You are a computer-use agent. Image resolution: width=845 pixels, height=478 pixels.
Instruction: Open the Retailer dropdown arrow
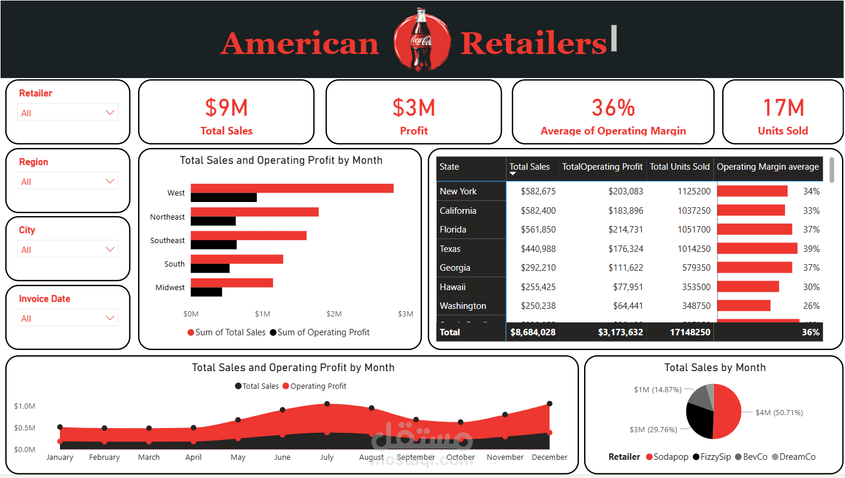point(110,112)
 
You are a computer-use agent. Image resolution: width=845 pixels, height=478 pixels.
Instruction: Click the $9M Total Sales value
point(226,108)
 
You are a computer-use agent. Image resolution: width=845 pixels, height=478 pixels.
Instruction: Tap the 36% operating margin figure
point(613,108)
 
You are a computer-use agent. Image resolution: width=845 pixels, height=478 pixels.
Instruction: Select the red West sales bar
point(292,188)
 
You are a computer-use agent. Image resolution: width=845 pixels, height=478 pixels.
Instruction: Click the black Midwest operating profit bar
point(206,292)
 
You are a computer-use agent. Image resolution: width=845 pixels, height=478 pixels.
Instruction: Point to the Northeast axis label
point(167,217)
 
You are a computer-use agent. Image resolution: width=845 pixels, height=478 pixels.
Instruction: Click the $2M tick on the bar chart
point(334,314)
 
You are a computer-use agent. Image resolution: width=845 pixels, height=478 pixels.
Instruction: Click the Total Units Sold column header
point(679,167)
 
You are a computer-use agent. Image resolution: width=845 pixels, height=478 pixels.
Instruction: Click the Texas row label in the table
point(450,249)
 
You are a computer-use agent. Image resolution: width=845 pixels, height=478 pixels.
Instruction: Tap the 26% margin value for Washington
point(812,306)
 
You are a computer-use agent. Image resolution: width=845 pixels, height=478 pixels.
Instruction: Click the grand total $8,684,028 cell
point(532,332)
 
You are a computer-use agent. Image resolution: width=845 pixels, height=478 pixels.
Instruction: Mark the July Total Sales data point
point(327,404)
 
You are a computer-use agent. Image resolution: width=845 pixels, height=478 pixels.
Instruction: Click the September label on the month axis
point(416,457)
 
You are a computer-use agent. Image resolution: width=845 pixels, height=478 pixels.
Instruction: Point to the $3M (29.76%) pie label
point(653,430)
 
